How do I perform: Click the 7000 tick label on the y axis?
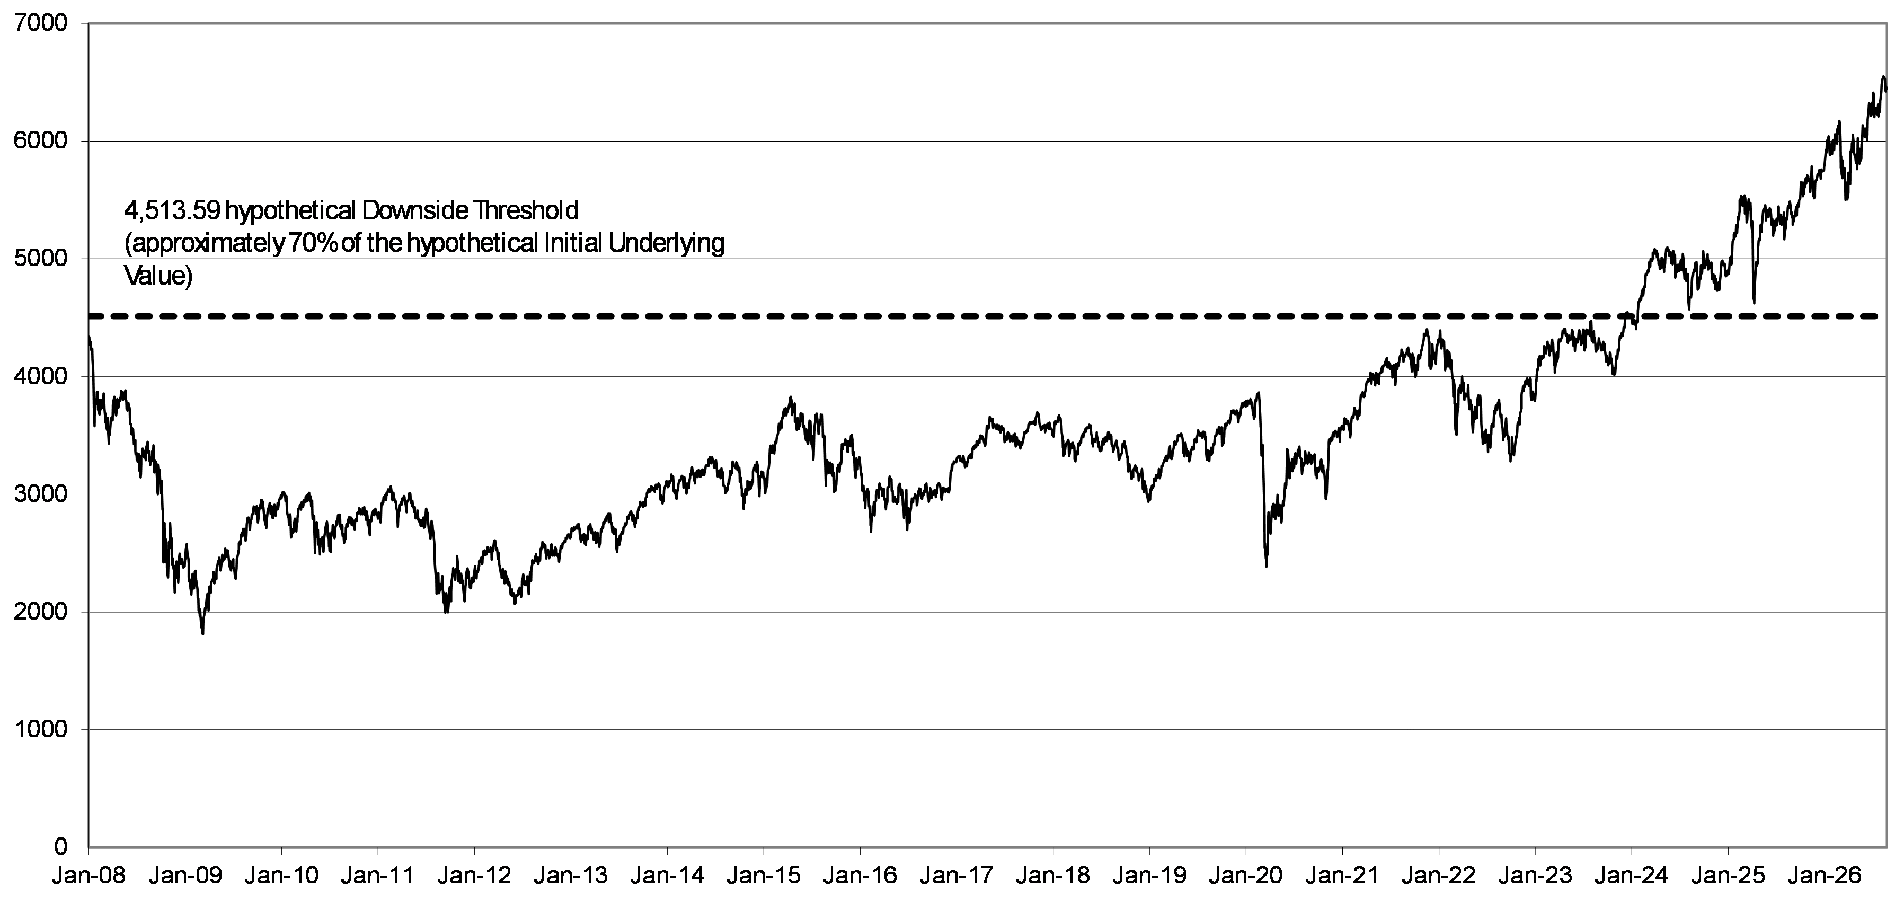tap(41, 24)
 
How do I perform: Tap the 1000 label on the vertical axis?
tap(41, 730)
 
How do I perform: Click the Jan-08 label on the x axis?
tap(88, 876)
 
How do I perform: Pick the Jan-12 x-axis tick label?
tap(474, 876)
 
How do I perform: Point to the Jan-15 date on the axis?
tap(764, 876)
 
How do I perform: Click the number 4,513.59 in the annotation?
tap(172, 211)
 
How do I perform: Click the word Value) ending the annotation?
tap(158, 276)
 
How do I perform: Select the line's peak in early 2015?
tap(791, 398)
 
